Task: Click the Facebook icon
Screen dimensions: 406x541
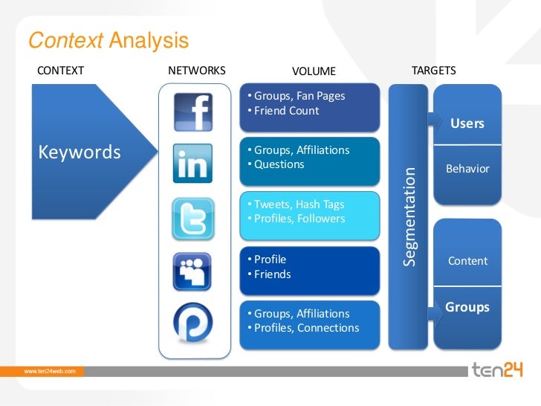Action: coord(192,112)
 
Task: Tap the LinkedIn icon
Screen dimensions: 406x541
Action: coord(192,164)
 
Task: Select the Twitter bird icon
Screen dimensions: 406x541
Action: coord(192,218)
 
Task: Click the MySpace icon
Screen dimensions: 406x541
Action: coord(192,271)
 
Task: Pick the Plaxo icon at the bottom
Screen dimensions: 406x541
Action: coord(192,324)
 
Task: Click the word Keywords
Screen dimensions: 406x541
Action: coord(79,152)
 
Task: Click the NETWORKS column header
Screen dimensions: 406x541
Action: coord(197,71)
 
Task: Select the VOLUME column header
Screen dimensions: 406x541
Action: coord(314,71)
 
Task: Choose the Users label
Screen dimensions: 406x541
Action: coord(467,123)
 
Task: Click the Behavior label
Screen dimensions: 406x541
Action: coord(467,169)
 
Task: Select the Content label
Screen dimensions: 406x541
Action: coord(467,261)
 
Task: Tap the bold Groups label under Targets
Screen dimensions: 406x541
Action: coord(467,307)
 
